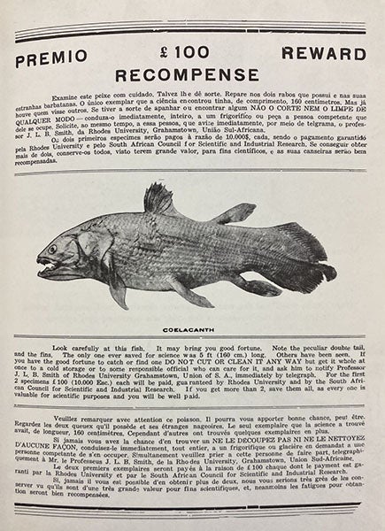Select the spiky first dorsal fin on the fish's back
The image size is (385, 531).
pyautogui.click(x=159, y=199)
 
